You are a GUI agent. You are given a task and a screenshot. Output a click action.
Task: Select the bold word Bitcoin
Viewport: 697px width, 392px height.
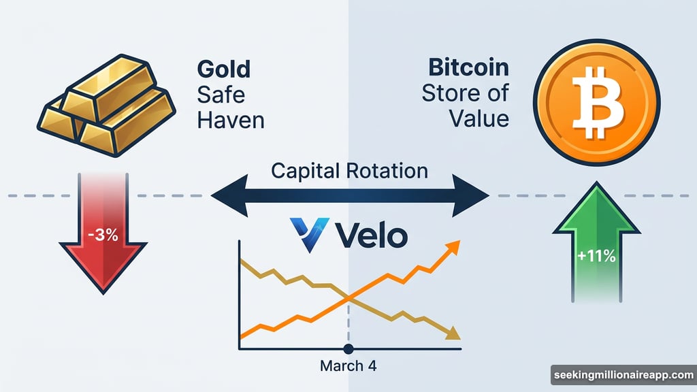click(x=469, y=68)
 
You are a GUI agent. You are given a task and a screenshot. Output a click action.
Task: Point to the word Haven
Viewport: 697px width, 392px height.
click(x=231, y=120)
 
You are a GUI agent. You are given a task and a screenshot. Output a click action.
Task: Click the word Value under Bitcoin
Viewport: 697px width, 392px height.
click(x=479, y=118)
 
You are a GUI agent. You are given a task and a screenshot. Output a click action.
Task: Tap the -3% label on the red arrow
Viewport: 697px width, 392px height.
click(x=102, y=237)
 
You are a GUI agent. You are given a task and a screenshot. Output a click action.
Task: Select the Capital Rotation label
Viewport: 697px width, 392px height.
click(x=349, y=170)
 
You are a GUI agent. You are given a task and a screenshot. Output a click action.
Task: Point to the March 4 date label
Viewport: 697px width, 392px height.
click(x=348, y=366)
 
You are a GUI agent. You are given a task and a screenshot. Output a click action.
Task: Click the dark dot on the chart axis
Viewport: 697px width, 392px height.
click(x=348, y=349)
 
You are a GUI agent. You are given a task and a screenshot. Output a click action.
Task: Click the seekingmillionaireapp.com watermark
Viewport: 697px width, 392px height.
click(x=622, y=375)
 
